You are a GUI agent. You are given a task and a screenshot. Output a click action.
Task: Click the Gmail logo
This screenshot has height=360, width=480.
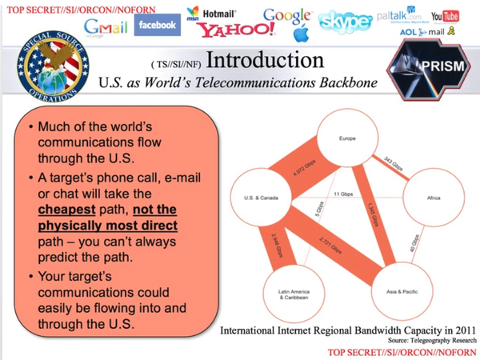[x=106, y=29]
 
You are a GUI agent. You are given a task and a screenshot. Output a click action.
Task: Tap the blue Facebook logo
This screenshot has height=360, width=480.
[x=157, y=25]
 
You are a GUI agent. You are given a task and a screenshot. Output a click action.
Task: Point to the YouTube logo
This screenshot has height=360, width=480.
[x=445, y=16]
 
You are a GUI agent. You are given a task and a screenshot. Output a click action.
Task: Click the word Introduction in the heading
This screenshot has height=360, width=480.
[x=264, y=62]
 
